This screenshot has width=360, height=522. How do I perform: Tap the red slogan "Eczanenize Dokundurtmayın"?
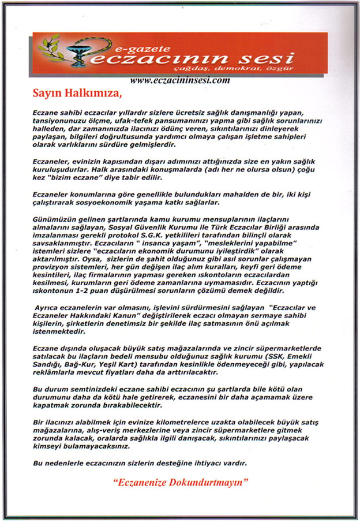click(x=179, y=482)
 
